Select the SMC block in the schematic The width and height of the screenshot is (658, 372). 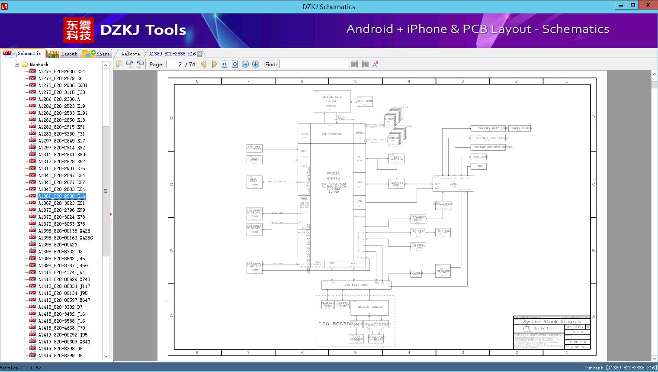(x=453, y=184)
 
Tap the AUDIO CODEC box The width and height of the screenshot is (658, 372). (x=370, y=307)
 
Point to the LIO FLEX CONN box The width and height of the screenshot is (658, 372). (x=356, y=285)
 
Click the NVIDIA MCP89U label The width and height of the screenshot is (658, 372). (x=333, y=176)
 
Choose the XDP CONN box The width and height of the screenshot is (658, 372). (x=365, y=101)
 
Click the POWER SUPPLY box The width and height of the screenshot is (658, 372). (x=521, y=129)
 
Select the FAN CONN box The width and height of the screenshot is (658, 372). (x=479, y=157)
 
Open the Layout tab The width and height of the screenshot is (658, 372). (x=63, y=54)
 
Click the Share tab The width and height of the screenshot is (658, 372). (x=97, y=54)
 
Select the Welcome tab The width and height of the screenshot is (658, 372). (x=130, y=54)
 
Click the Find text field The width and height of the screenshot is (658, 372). (x=314, y=64)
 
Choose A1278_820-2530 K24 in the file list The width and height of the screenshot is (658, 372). (x=61, y=71)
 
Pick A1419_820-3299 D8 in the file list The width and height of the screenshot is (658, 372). (x=60, y=356)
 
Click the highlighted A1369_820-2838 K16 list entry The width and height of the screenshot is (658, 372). (x=61, y=196)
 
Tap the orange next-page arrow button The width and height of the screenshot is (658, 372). (x=214, y=64)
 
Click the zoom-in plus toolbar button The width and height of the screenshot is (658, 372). (x=256, y=64)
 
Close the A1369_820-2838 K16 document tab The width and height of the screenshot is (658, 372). (x=200, y=54)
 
